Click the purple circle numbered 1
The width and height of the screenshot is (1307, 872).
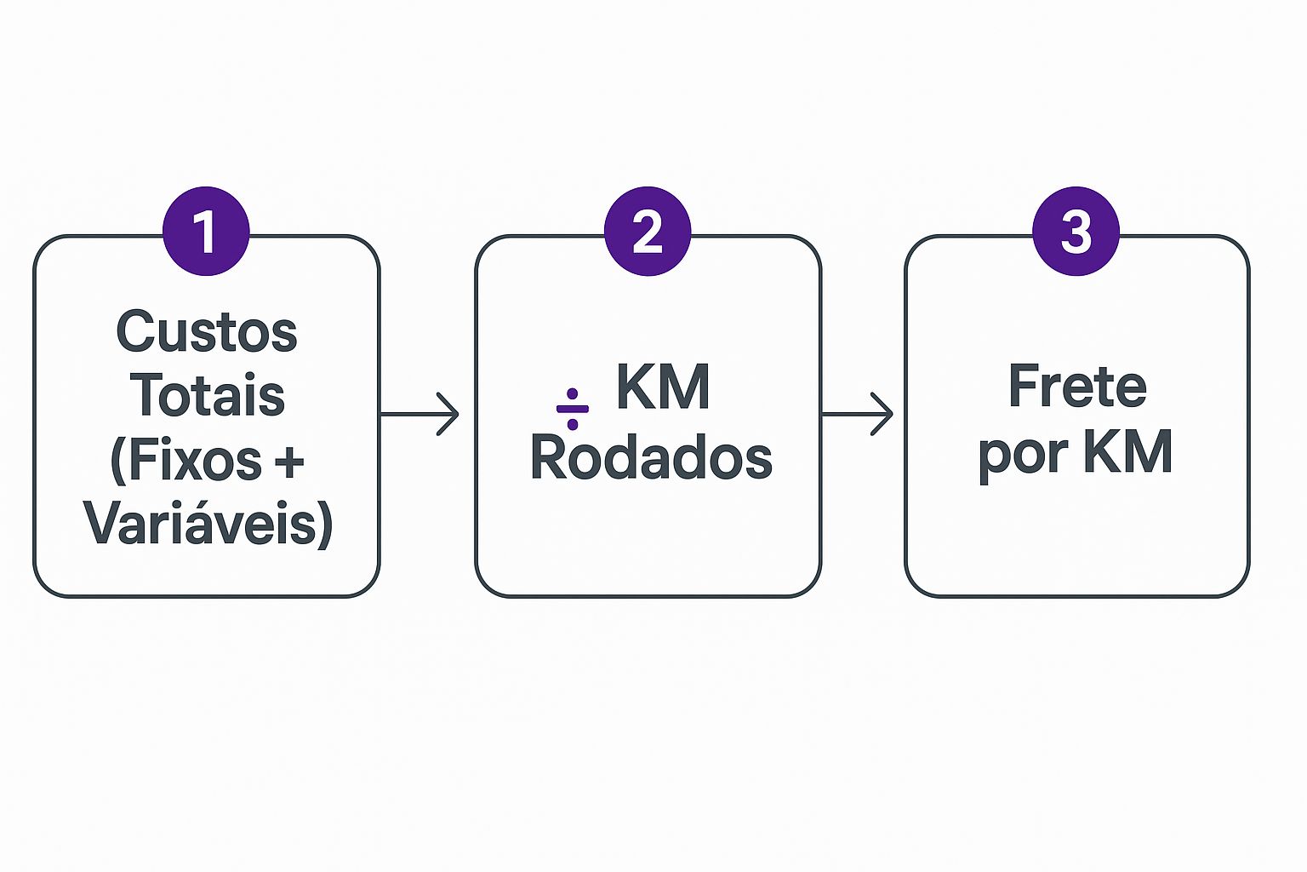206,231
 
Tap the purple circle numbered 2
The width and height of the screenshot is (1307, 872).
648,231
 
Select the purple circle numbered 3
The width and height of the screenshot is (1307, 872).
1076,231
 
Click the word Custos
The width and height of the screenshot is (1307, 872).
207,331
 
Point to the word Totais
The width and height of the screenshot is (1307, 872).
207,395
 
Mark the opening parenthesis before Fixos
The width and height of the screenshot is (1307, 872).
118,462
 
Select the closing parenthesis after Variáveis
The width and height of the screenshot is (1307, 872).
324,525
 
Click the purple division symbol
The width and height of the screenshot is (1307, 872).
572,409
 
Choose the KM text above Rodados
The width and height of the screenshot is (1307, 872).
663,387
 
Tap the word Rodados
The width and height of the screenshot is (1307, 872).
651,457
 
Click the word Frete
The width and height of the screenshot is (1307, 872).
1077,387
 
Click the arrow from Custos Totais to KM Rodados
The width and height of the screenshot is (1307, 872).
420,414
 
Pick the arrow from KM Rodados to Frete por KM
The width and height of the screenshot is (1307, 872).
857,414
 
